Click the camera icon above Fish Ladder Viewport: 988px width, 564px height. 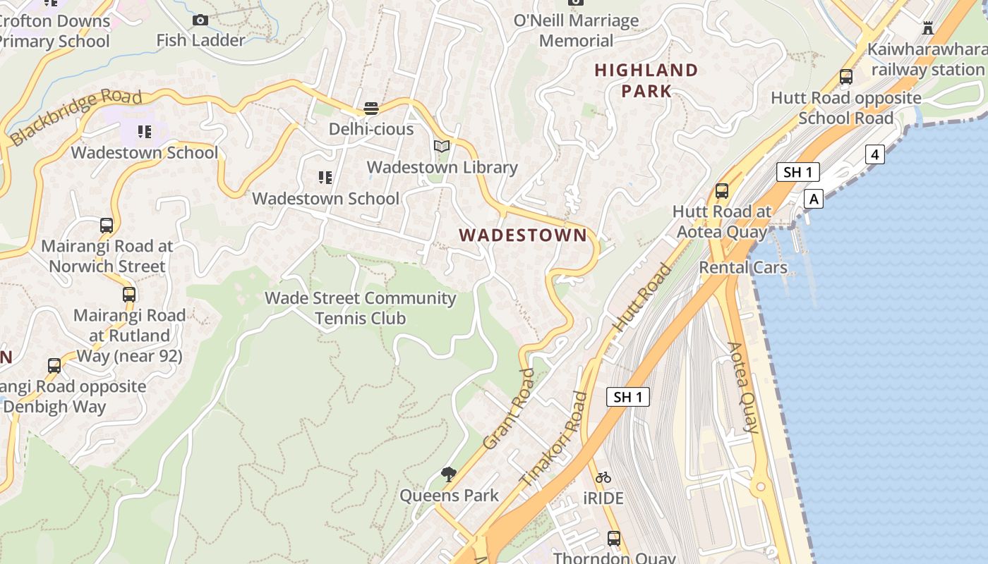[200, 20]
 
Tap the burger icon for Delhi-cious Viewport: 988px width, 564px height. [371, 109]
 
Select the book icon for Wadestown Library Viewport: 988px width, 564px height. [442, 147]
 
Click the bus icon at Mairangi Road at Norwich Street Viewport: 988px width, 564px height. [107, 226]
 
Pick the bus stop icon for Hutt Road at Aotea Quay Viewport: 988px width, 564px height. [721, 190]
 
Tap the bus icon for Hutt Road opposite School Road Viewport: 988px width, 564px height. [845, 77]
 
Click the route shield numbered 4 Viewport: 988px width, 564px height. [874, 154]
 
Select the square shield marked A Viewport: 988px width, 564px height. [814, 199]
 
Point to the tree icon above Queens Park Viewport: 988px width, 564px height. [448, 474]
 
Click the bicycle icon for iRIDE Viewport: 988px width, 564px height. [603, 477]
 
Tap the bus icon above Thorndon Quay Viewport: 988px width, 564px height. [614, 539]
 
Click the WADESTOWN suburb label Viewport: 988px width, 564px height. [523, 235]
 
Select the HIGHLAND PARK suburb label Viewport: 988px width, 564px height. [646, 80]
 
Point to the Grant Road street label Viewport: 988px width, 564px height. [509, 410]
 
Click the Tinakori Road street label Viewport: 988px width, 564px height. [554, 439]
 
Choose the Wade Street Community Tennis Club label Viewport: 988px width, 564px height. [360, 308]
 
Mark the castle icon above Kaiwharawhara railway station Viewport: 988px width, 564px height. [928, 28]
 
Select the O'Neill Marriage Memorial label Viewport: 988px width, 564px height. [576, 30]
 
